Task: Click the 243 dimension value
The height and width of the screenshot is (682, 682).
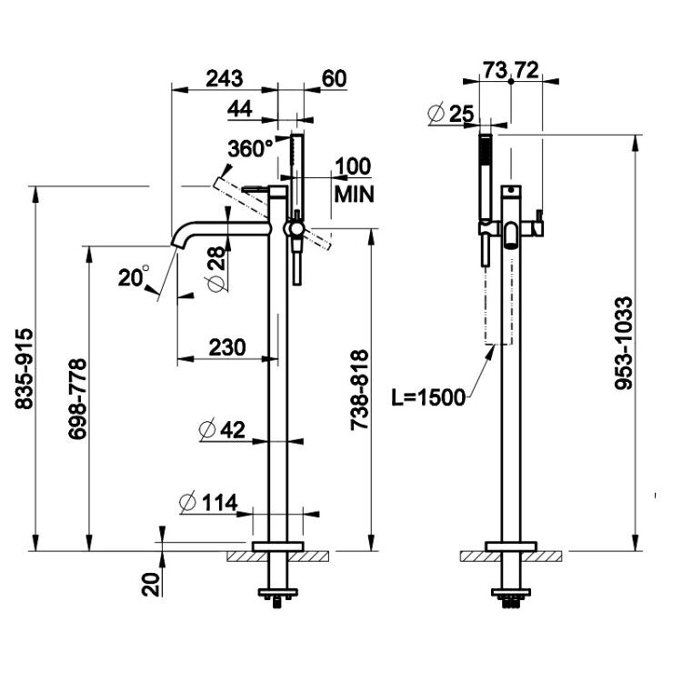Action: pyautogui.click(x=225, y=78)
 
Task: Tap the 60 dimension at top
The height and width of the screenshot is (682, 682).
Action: pyautogui.click(x=334, y=78)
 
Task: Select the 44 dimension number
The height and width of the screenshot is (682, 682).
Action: pyautogui.click(x=240, y=109)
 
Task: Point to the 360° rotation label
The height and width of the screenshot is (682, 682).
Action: pyautogui.click(x=251, y=148)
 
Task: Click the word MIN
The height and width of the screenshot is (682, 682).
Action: pyautogui.click(x=354, y=195)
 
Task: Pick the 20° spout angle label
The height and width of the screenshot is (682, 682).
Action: pyautogui.click(x=134, y=276)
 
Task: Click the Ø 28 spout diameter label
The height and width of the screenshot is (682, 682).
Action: pyautogui.click(x=216, y=269)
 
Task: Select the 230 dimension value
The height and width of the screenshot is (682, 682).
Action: pyautogui.click(x=227, y=347)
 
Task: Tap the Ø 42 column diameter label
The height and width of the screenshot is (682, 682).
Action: pyautogui.click(x=222, y=430)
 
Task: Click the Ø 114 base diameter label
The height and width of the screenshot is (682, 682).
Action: pyautogui.click(x=208, y=503)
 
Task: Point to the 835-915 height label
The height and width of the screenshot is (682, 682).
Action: pyautogui.click(x=24, y=368)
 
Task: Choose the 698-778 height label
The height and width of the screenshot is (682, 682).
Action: pyautogui.click(x=77, y=399)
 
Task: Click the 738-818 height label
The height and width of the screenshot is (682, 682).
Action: pyautogui.click(x=359, y=390)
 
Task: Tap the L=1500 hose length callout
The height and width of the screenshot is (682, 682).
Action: pyautogui.click(x=428, y=397)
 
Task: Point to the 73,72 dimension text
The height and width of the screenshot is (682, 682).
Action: pyautogui.click(x=511, y=70)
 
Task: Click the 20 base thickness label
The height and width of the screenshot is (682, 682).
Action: pyautogui.click(x=151, y=584)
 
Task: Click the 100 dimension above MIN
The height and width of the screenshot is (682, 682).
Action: pyautogui.click(x=353, y=166)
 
